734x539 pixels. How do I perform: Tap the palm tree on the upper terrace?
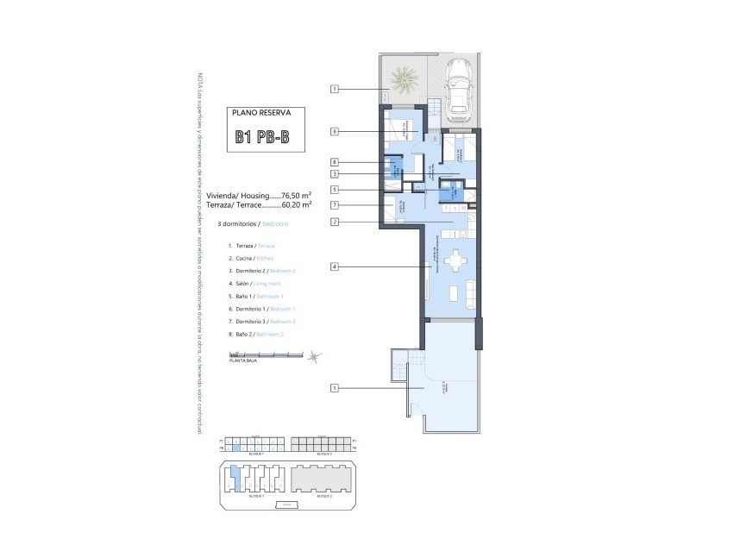403,81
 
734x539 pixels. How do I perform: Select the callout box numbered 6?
335,132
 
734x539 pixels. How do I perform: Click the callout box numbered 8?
335,162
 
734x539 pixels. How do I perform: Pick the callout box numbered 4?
335,266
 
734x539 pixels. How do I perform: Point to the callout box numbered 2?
335,222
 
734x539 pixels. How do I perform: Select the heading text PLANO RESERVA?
264,113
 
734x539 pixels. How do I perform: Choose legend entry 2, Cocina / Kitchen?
252,258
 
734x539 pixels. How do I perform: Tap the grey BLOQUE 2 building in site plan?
323,477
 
